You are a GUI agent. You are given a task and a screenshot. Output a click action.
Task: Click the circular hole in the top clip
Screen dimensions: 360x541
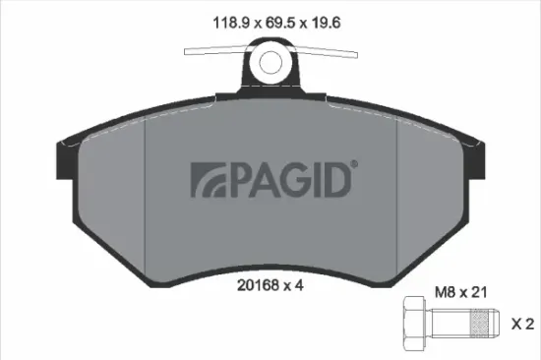pos(270,63)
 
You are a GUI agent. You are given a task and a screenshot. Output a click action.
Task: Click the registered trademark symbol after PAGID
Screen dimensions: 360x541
pos(353,166)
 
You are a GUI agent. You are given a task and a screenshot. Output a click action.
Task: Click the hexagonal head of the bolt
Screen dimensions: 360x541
pos(413,323)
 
